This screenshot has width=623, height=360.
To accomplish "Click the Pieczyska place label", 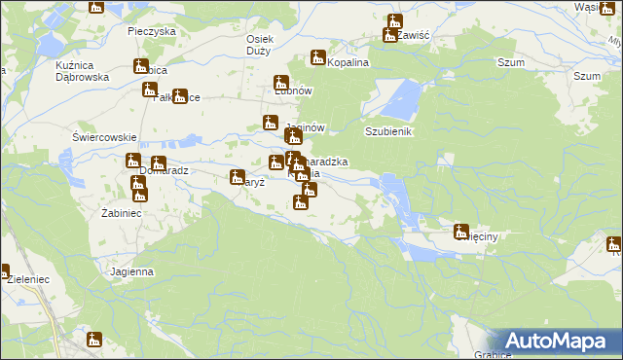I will pyautogui.click(x=151, y=31).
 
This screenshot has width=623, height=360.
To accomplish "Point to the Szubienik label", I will pyautogui.click(x=390, y=131).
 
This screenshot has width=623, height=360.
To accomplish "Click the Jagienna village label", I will pyautogui.click(x=132, y=271).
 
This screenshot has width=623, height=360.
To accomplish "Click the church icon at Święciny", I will pyautogui.click(x=461, y=231).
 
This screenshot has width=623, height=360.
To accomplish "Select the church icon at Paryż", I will pyautogui.click(x=237, y=177).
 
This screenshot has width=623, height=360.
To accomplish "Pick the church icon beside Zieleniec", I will pyautogui.click(x=4, y=273).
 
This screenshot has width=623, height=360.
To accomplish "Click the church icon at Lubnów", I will pyautogui.click(x=281, y=83).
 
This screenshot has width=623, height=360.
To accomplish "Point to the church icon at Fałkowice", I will pyautogui.click(x=180, y=96).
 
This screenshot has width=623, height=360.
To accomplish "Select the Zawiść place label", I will pyautogui.click(x=413, y=35).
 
